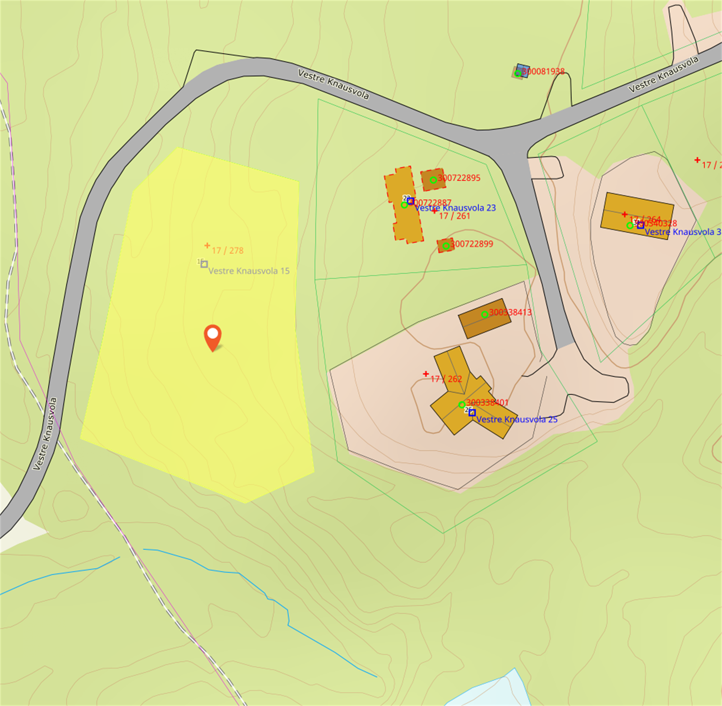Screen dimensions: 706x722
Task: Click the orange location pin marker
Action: pyautogui.click(x=213, y=336)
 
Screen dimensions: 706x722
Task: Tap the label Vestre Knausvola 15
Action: pyautogui.click(x=249, y=271)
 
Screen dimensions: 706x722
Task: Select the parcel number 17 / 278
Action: pyautogui.click(x=227, y=251)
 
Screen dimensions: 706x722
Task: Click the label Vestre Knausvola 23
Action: pyautogui.click(x=455, y=208)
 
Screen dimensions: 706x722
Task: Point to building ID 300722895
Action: pyautogui.click(x=459, y=178)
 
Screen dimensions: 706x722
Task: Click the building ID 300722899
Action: pyautogui.click(x=472, y=244)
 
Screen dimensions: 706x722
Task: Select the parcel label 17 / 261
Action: pyautogui.click(x=454, y=216)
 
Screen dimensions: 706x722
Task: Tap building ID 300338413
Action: pyautogui.click(x=510, y=312)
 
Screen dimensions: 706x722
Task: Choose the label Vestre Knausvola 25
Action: pyautogui.click(x=517, y=420)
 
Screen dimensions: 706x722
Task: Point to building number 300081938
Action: pyautogui.click(x=543, y=71)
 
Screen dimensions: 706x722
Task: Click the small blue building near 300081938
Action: pyautogui.click(x=523, y=70)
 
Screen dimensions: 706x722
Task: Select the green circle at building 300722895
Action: pyautogui.click(x=433, y=180)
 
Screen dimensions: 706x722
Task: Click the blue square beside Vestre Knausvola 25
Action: pyautogui.click(x=472, y=413)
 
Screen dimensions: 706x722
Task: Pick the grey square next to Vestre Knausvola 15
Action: pyautogui.click(x=204, y=264)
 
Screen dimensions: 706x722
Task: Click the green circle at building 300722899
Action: pyautogui.click(x=446, y=246)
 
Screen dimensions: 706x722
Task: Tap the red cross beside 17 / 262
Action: pyautogui.click(x=426, y=374)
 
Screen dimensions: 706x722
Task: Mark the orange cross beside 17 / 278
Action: pyautogui.click(x=207, y=246)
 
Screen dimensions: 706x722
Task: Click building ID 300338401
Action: pyautogui.click(x=487, y=402)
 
